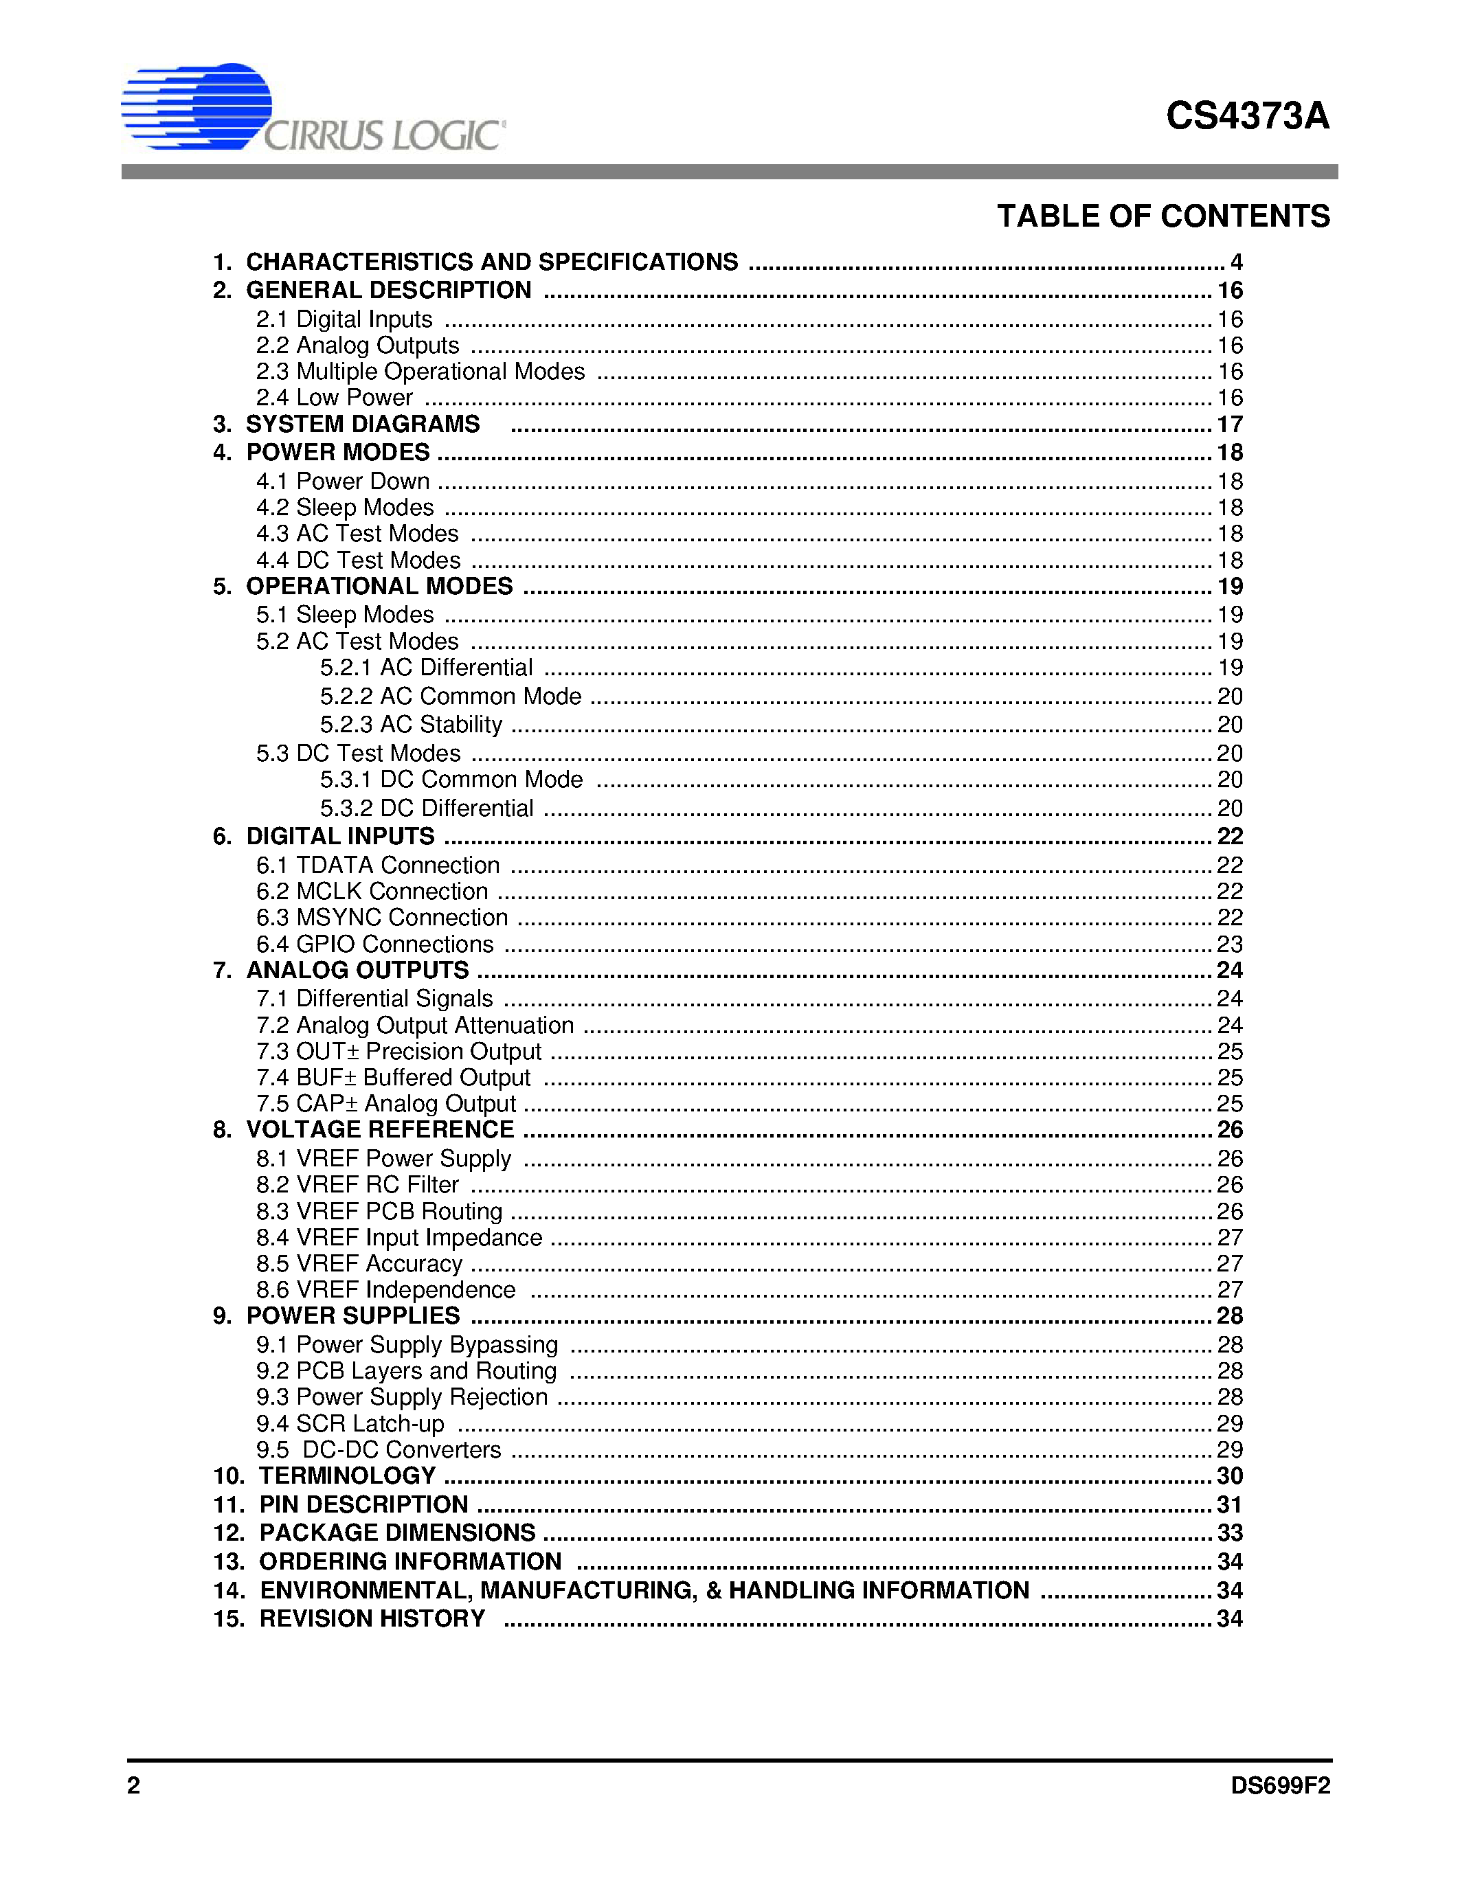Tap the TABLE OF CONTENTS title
[1163, 216]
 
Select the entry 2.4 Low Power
[334, 398]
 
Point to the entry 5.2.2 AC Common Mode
[450, 697]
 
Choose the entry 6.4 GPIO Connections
[374, 944]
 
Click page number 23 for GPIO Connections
[1229, 944]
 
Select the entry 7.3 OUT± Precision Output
[398, 1051]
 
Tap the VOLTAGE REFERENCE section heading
[380, 1129]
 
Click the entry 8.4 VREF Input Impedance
[398, 1237]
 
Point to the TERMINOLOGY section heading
[347, 1475]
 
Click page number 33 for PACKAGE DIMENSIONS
[1229, 1532]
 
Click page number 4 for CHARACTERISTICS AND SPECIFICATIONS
[1236, 262]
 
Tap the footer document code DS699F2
[1280, 1785]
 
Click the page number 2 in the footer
[134, 1785]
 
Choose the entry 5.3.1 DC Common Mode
[451, 780]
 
